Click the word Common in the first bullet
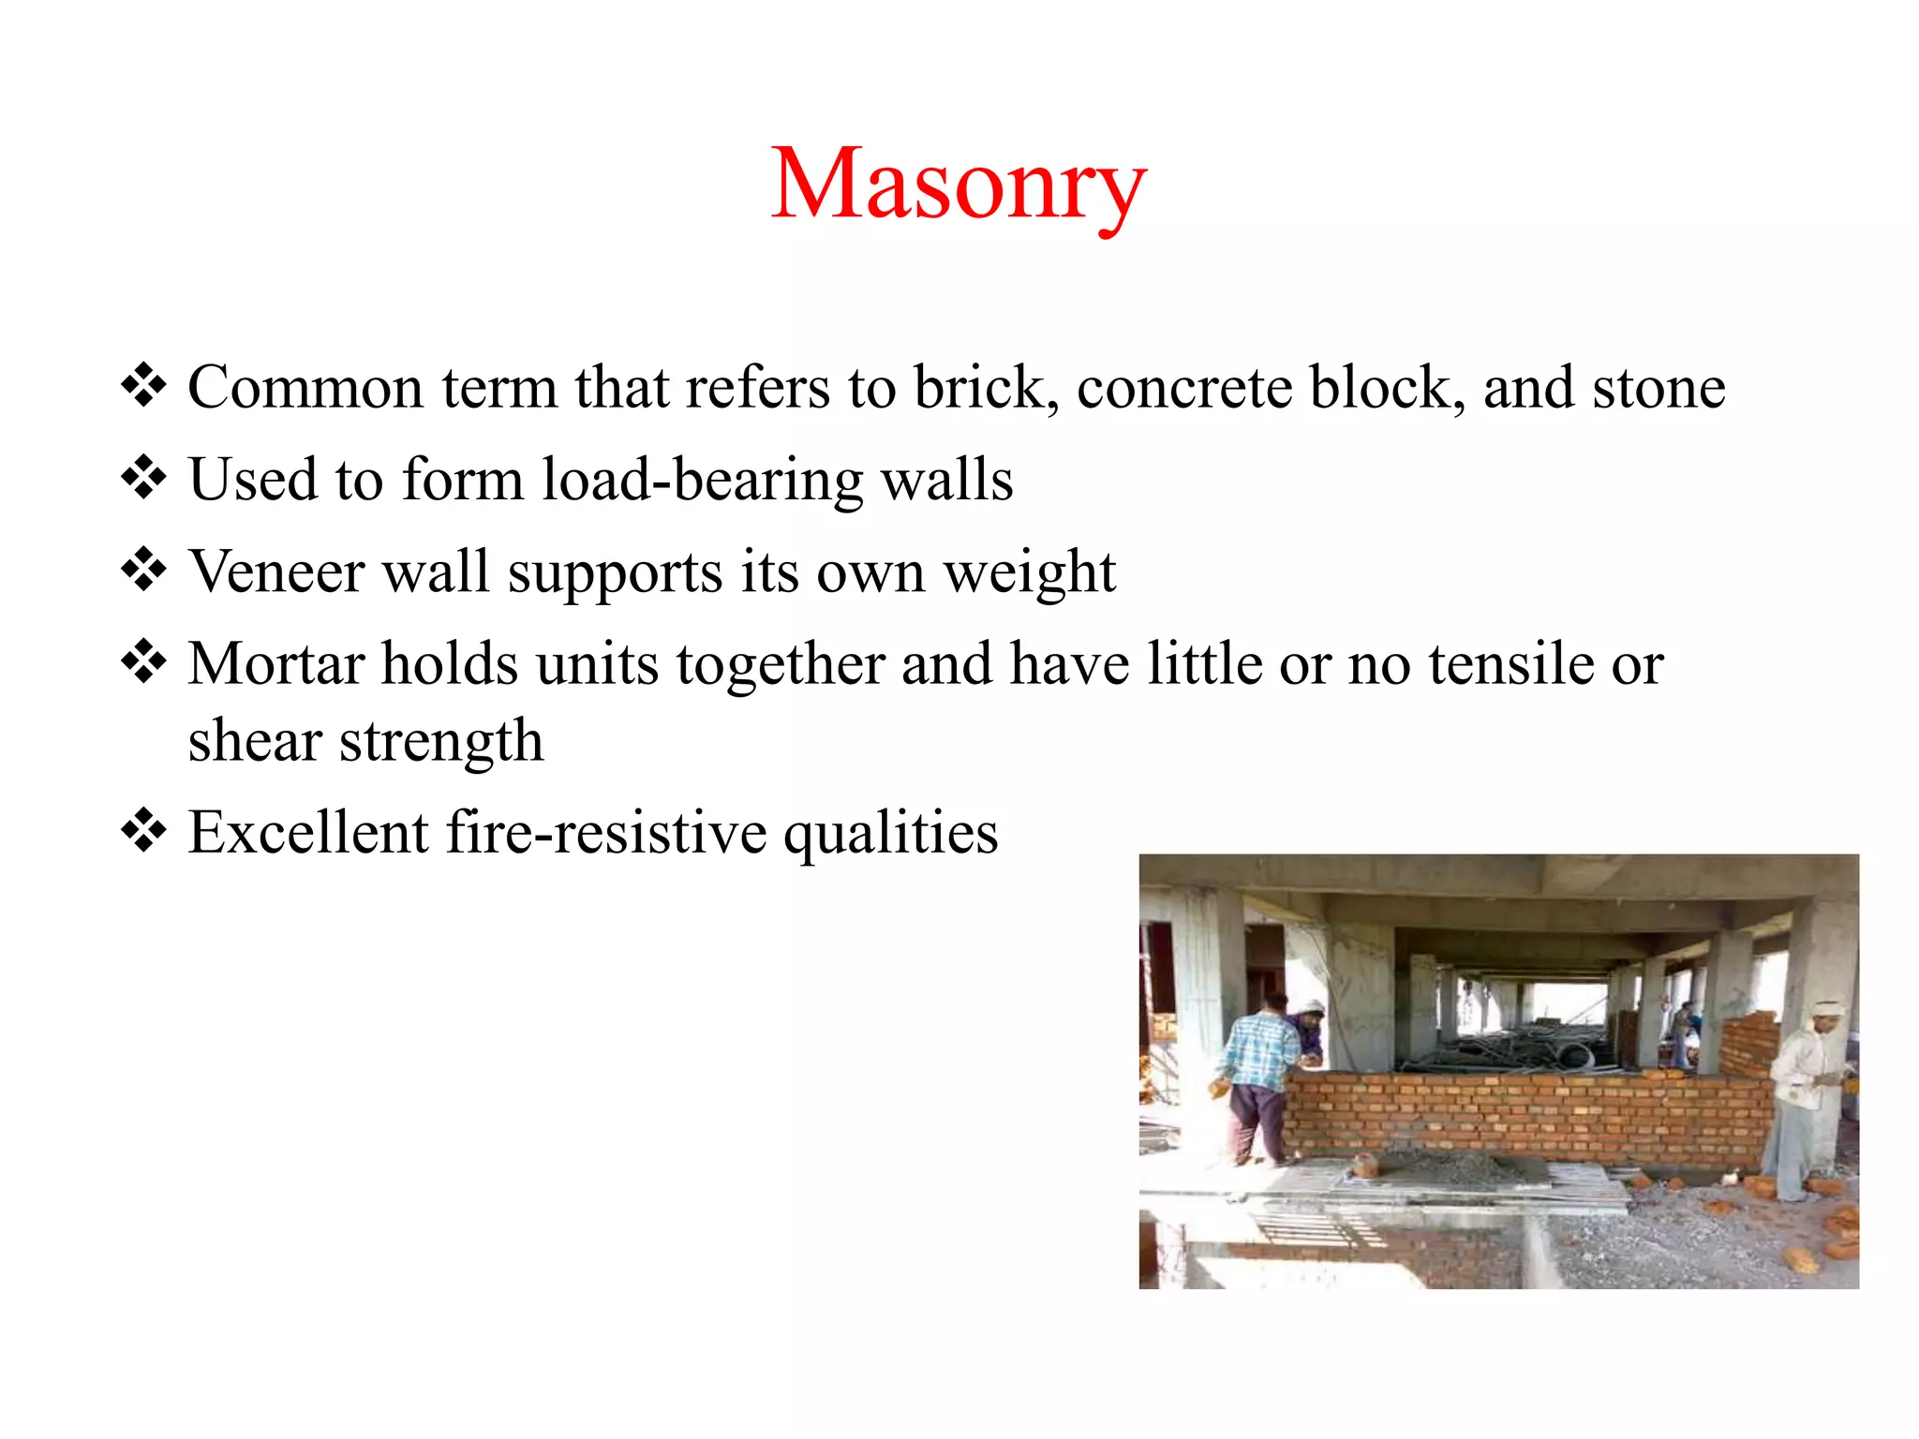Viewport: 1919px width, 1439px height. [305, 388]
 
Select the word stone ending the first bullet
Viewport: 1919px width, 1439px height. [1659, 388]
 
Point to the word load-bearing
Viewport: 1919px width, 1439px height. [703, 481]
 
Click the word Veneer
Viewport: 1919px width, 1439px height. [276, 572]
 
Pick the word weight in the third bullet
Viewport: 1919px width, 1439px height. [1029, 572]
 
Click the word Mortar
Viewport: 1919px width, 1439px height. [276, 664]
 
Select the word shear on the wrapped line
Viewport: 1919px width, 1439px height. [255, 741]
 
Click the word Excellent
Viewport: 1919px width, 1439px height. [308, 833]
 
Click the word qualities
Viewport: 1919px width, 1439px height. [890, 833]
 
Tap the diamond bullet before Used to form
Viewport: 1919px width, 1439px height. [143, 479]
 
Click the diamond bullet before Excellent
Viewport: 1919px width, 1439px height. [143, 831]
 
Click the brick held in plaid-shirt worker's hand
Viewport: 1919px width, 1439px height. [1219, 1088]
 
